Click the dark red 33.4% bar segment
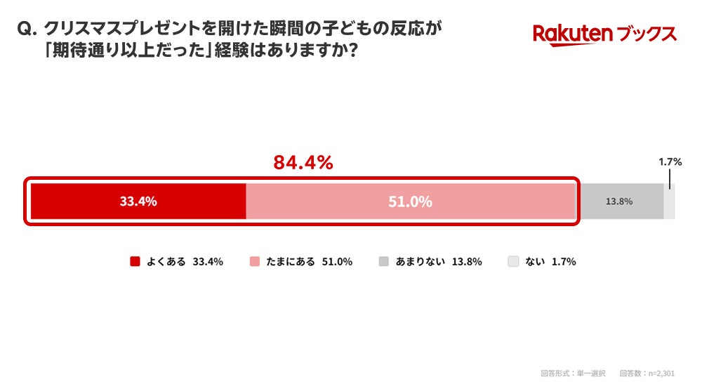(x=138, y=201)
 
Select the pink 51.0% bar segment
(x=411, y=201)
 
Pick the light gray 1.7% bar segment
(x=669, y=201)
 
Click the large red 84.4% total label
(x=303, y=162)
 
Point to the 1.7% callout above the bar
(x=670, y=162)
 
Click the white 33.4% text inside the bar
(x=138, y=201)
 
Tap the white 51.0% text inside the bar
(x=411, y=202)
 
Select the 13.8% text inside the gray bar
(x=619, y=202)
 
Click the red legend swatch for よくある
(x=135, y=261)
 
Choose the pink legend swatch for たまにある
(x=254, y=261)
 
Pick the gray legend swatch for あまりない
(x=384, y=261)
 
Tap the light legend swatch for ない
(x=513, y=261)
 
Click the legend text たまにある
(x=291, y=261)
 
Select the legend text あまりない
(x=420, y=261)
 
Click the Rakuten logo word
(x=573, y=35)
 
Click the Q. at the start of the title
(x=27, y=29)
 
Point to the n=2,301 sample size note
(x=661, y=373)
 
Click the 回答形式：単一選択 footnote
(x=573, y=373)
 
